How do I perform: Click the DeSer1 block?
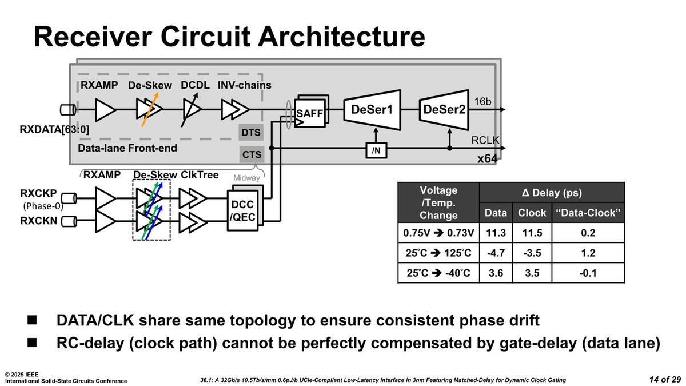coord(372,109)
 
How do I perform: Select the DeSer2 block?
coord(444,109)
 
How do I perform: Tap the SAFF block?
coord(309,114)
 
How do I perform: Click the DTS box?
coord(251,133)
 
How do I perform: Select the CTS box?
coord(251,154)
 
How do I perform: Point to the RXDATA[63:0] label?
coord(54,129)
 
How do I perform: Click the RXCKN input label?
coord(38,221)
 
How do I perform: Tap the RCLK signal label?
coord(485,140)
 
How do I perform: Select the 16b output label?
coord(483,102)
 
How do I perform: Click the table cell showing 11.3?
coord(495,233)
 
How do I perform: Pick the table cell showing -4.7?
coord(495,253)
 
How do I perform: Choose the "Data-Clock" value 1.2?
coord(588,253)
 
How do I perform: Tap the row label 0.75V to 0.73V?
coord(438,233)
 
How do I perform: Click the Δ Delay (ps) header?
coord(552,193)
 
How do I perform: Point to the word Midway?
coord(246,178)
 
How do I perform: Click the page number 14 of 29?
coord(665,379)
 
